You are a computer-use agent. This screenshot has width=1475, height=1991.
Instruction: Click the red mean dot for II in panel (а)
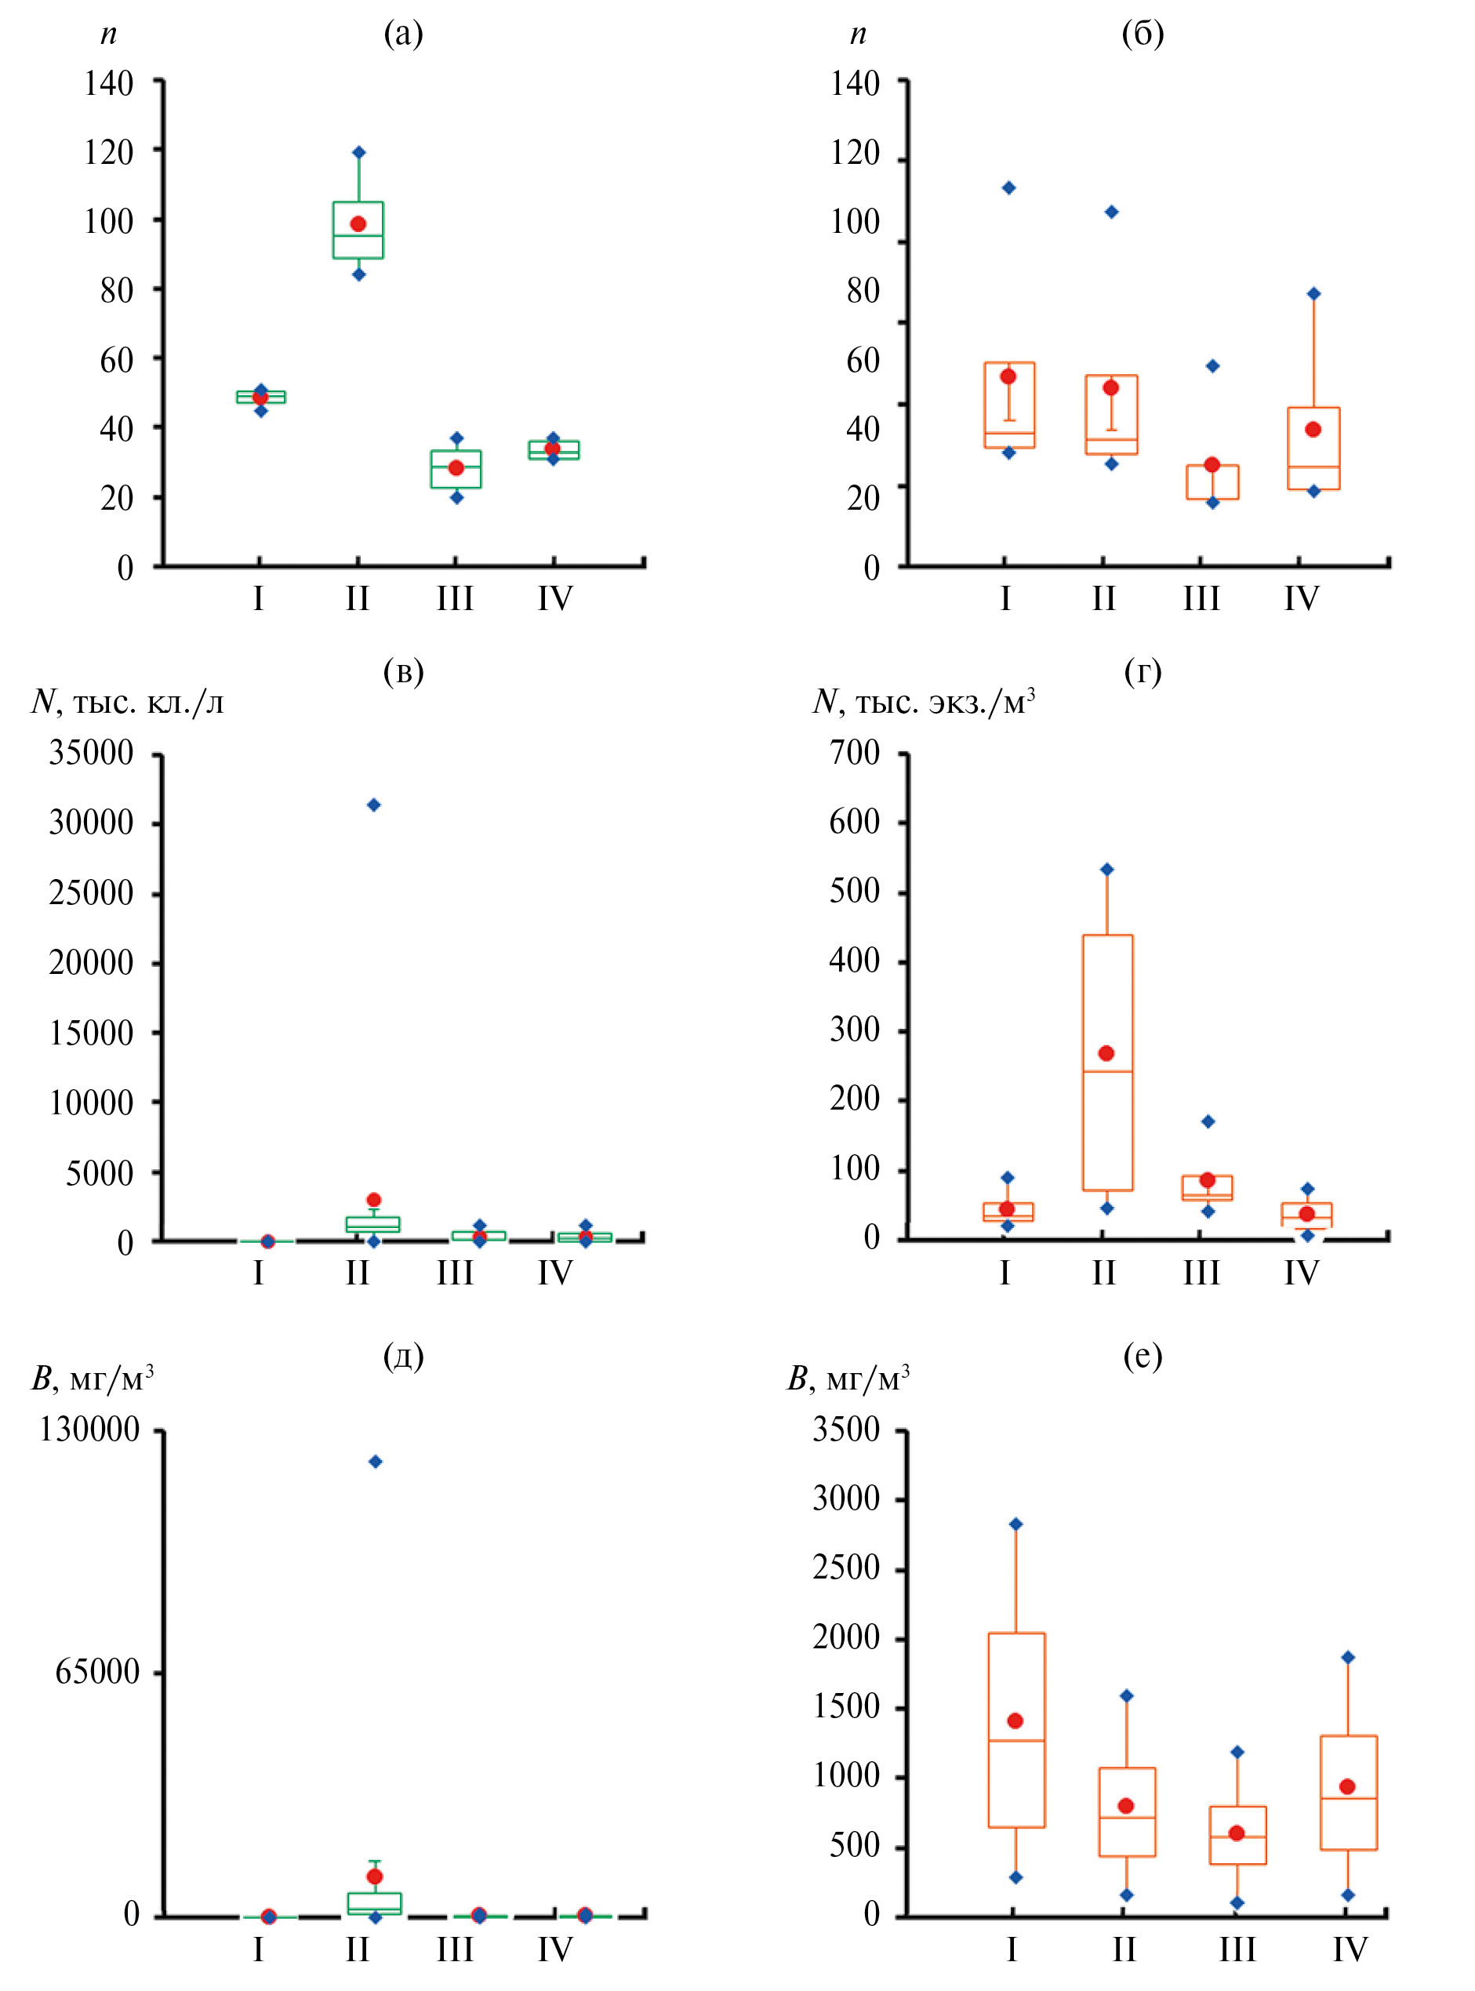[x=358, y=223]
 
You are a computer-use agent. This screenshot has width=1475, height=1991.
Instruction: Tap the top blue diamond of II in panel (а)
[x=359, y=153]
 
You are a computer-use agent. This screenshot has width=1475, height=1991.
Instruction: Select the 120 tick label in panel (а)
[x=109, y=153]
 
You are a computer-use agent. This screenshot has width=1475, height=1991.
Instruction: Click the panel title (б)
[x=1143, y=34]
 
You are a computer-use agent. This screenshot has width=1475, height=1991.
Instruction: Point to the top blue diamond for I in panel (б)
[x=1009, y=187]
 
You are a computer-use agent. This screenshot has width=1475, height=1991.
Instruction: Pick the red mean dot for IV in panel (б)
[x=1313, y=430]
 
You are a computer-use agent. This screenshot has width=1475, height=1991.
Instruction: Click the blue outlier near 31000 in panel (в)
[x=374, y=805]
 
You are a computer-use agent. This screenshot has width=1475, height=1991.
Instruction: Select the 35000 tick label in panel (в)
[x=91, y=754]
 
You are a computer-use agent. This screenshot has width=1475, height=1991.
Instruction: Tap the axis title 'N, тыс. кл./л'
[x=128, y=703]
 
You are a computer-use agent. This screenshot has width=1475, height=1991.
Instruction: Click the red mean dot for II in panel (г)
[x=1106, y=1054]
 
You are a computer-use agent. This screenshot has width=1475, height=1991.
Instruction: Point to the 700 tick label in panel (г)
[x=855, y=753]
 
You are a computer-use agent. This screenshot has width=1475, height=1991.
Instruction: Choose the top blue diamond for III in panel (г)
[x=1208, y=1122]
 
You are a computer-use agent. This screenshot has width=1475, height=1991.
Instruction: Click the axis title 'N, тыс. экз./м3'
[x=923, y=703]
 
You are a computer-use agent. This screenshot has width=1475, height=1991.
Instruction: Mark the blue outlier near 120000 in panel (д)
[x=376, y=1462]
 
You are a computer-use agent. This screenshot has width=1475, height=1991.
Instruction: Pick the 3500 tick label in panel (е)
[x=846, y=1430]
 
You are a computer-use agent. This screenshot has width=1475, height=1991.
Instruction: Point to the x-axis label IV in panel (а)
[x=554, y=599]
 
